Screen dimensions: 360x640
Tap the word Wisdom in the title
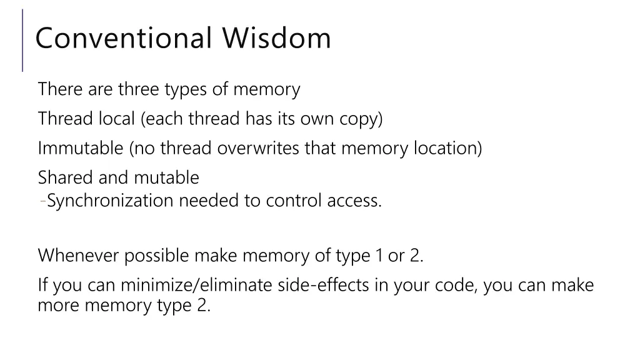coord(277,38)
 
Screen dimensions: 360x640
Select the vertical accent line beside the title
coord(22,40)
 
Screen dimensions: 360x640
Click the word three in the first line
coord(138,89)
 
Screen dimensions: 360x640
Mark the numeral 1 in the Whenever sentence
coord(379,256)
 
